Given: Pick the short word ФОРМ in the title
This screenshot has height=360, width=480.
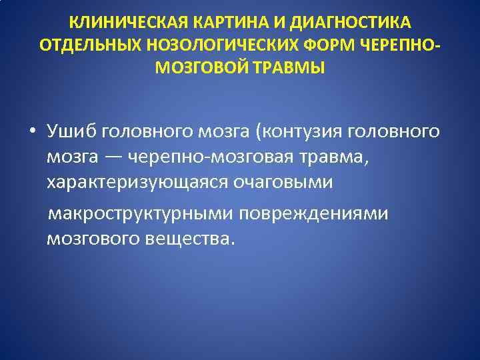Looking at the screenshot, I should tap(337, 45).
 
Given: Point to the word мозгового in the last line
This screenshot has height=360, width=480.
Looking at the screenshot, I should tap(92, 239).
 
